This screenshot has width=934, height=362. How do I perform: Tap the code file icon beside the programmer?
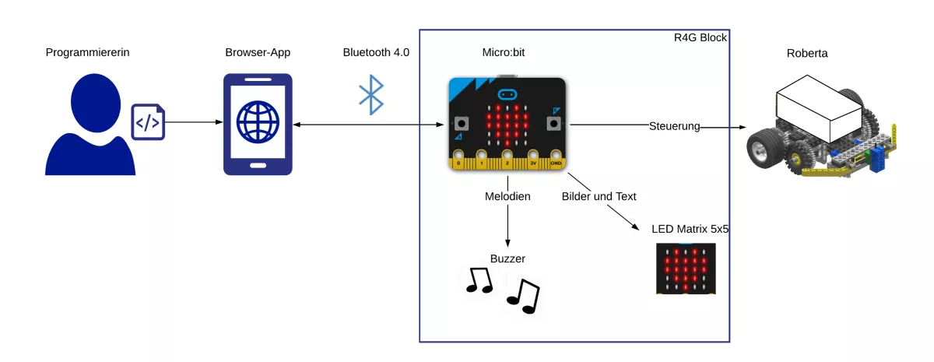[x=148, y=121]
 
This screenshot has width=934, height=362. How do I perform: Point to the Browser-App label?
[x=258, y=52]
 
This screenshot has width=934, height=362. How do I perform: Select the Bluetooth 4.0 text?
[x=376, y=52]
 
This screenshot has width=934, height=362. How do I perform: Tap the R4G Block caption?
[x=700, y=37]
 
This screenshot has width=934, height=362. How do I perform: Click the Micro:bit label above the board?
[x=507, y=52]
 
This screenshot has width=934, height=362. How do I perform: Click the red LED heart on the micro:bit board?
[x=507, y=122]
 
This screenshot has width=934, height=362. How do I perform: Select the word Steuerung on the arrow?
[x=675, y=126]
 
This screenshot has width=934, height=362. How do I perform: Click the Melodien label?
[x=507, y=197]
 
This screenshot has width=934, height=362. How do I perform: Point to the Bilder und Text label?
[x=599, y=197]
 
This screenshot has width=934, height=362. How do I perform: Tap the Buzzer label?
[x=507, y=258]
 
